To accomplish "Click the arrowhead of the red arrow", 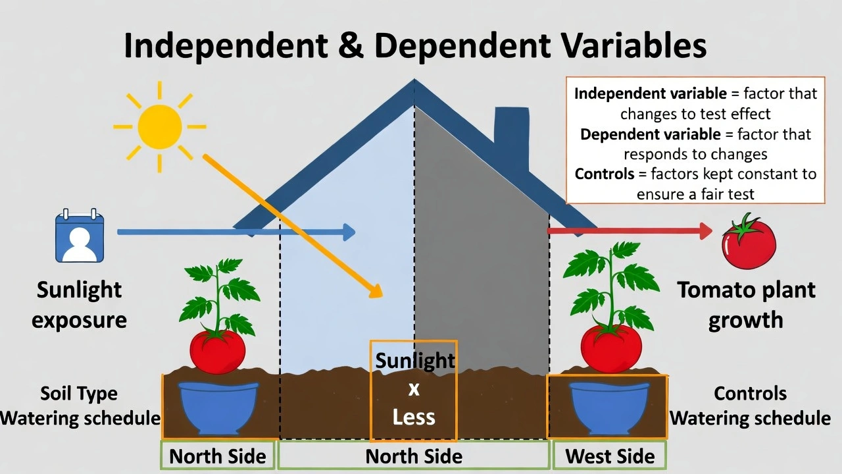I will [x=706, y=231].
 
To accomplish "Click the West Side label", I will [x=610, y=456].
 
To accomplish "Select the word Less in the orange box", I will [x=414, y=417].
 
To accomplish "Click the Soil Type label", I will [x=79, y=394].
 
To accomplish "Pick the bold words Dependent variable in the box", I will [x=650, y=134].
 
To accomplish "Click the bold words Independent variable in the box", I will [x=650, y=93].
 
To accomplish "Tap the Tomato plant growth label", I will [x=746, y=304].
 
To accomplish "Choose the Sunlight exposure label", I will [x=79, y=304].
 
